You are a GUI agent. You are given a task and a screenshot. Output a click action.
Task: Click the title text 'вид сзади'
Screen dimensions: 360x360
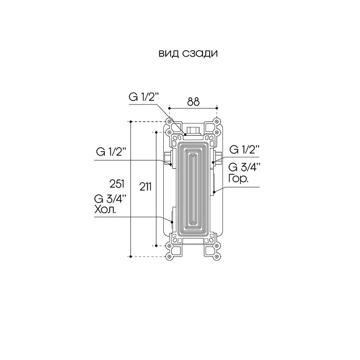tap(188, 54)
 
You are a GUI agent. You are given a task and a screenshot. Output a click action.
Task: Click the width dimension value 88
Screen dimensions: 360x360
tap(193, 102)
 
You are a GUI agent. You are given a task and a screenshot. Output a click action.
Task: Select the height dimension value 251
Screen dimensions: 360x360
tap(117, 184)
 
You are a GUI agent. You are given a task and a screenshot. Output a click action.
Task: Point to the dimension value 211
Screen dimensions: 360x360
tap(145, 186)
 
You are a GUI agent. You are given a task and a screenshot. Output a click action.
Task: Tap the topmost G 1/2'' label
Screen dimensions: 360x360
tap(144, 97)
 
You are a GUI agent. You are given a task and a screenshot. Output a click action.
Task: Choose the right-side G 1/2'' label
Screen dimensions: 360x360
tap(244, 150)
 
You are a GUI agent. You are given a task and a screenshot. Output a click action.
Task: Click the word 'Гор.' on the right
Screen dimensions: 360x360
tap(238, 179)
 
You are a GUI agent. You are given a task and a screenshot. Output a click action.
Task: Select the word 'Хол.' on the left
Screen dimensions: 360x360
tap(105, 209)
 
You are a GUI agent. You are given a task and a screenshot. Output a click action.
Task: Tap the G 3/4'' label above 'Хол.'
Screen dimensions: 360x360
tap(110, 199)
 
